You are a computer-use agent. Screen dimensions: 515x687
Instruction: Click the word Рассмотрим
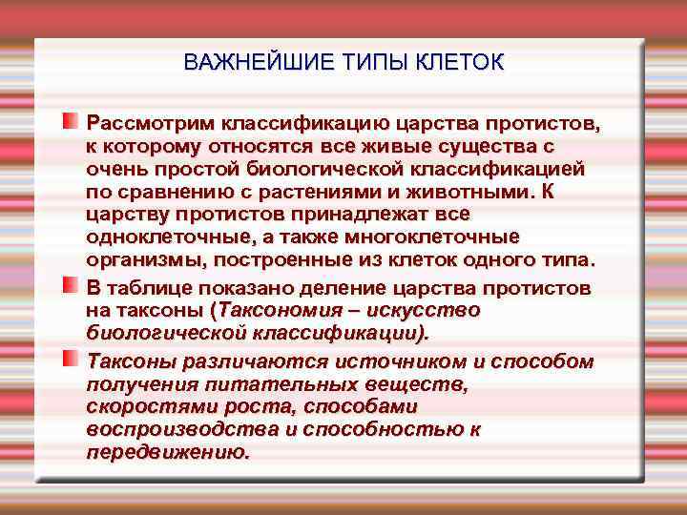151,124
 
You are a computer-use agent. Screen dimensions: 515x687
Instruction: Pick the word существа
490,147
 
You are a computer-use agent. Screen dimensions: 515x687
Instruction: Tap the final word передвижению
168,453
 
